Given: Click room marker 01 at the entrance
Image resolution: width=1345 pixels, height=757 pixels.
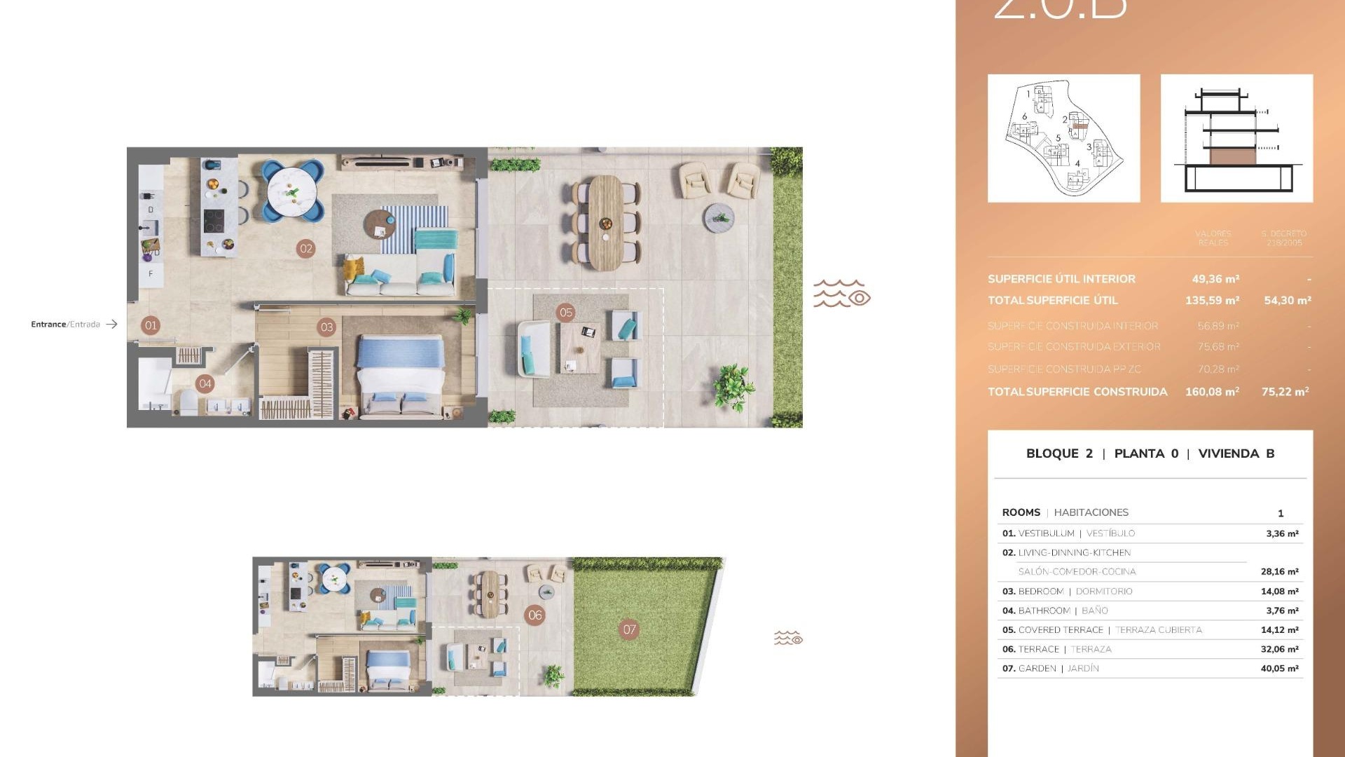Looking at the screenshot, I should click(x=151, y=325).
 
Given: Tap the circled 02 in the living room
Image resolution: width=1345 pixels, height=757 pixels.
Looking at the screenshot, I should click(x=306, y=248).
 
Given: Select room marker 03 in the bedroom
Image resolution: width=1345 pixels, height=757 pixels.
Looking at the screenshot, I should click(x=326, y=327).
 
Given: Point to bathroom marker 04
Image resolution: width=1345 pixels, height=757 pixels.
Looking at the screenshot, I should click(x=205, y=383).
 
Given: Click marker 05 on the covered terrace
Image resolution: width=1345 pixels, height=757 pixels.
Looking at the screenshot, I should click(x=566, y=313).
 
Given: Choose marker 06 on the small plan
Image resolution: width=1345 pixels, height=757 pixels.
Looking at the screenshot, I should click(x=535, y=615).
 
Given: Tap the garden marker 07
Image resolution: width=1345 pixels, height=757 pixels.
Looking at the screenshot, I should click(x=630, y=629).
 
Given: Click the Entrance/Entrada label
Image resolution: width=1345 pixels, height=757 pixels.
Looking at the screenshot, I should click(x=66, y=325).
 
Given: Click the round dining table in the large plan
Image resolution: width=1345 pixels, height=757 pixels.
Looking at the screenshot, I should click(x=292, y=191).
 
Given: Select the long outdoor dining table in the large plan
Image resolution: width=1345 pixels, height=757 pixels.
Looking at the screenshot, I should click(x=605, y=223).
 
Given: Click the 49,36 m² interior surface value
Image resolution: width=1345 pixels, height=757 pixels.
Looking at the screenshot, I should click(x=1215, y=279).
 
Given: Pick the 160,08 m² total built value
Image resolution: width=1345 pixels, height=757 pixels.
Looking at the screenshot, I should click(x=1212, y=392).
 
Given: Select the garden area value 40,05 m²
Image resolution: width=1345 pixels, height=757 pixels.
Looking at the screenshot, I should click(x=1279, y=669).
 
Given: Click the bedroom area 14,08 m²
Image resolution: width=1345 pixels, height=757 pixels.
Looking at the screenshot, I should click(x=1279, y=592).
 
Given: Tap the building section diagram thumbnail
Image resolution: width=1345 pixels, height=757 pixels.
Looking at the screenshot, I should click(x=1236, y=139).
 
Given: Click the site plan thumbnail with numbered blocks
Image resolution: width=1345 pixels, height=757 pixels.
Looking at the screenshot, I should click(x=1063, y=139).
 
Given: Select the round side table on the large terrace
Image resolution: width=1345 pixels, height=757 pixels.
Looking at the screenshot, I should click(x=719, y=217).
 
